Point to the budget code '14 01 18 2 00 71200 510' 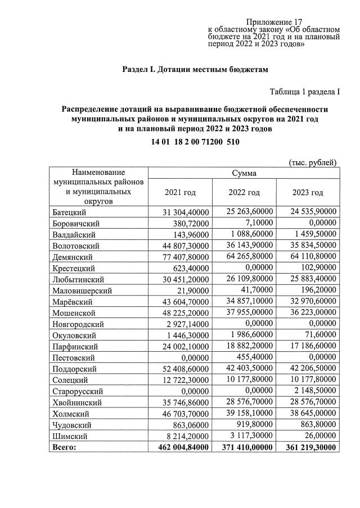coord(195,142)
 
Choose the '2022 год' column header coord(244,193)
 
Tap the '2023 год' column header coord(308,193)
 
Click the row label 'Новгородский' coord(78,324)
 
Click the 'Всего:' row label coord(65,447)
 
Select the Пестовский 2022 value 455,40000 coord(255,357)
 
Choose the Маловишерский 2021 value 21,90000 coord(193,291)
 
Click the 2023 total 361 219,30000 coord(309,447)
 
